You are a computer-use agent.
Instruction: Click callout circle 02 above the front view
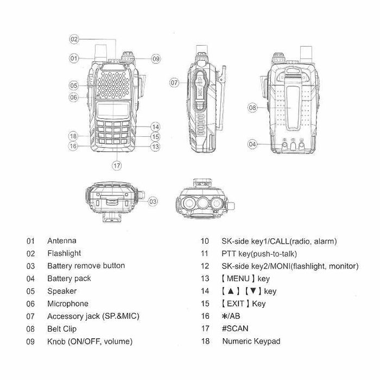pyautogui.click(x=75, y=39)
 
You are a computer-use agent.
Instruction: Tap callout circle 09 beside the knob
pyautogui.click(x=156, y=58)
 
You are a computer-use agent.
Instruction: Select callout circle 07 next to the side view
pyautogui.click(x=174, y=83)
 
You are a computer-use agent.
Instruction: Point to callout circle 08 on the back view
pyautogui.click(x=253, y=108)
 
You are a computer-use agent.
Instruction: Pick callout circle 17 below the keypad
pyautogui.click(x=116, y=165)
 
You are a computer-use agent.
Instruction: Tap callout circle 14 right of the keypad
pyautogui.click(x=156, y=126)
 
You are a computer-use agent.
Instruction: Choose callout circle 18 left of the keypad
pyautogui.click(x=74, y=135)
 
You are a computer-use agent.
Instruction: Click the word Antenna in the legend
pyautogui.click(x=62, y=240)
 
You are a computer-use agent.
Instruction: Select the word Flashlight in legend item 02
pyautogui.click(x=64, y=253)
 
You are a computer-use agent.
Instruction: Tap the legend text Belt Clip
pyautogui.click(x=62, y=328)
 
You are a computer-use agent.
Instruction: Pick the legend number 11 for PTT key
pyautogui.click(x=205, y=254)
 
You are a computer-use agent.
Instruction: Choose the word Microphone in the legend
pyautogui.click(x=67, y=303)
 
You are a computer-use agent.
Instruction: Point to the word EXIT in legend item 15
pyautogui.click(x=238, y=303)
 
